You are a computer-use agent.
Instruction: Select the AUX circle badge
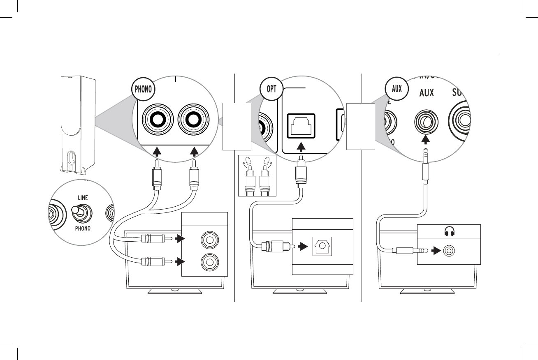397,89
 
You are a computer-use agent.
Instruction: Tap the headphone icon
449,232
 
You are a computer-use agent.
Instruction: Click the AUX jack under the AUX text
426,122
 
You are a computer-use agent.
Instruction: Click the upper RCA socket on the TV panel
206,238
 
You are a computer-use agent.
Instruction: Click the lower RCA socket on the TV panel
206,261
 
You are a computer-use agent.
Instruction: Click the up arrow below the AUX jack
426,140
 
